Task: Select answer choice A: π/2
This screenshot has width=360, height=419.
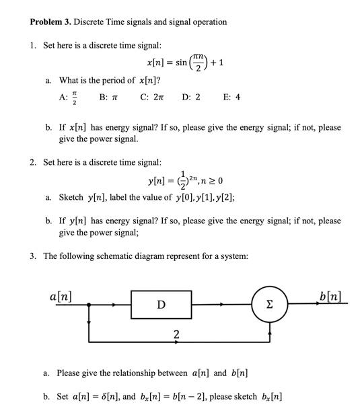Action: click(67, 97)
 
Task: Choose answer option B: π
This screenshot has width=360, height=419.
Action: click(108, 97)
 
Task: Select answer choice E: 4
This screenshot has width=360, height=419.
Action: click(231, 97)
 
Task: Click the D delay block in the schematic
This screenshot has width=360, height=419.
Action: click(161, 305)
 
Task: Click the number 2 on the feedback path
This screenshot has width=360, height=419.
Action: click(176, 334)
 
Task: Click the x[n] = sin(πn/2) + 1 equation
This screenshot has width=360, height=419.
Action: click(189, 63)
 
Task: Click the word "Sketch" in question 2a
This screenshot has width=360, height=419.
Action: click(71, 197)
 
